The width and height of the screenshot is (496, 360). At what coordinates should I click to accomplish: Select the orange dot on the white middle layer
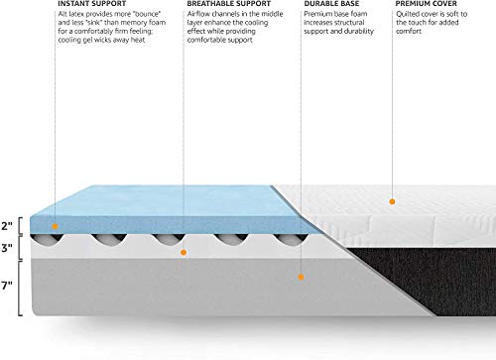tap(183, 252)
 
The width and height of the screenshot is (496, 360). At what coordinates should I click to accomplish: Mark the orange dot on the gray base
tap(300, 280)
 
